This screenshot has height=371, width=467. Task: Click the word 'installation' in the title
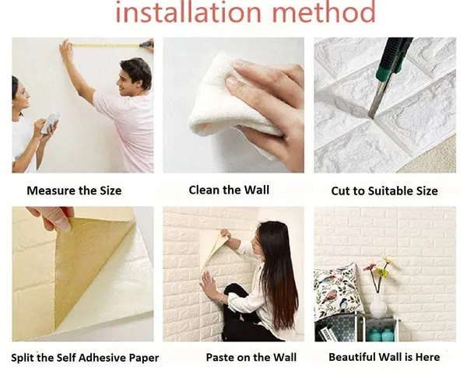pyautogui.click(x=188, y=12)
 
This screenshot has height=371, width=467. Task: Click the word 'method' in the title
pyautogui.click(x=324, y=12)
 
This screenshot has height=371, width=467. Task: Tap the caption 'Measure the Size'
pyautogui.click(x=74, y=191)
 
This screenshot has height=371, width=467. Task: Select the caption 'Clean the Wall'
pyautogui.click(x=229, y=190)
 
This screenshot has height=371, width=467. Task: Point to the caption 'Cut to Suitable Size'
pyautogui.click(x=384, y=191)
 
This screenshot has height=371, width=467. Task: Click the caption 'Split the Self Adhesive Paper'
pyautogui.click(x=85, y=358)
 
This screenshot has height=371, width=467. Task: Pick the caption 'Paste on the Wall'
pyautogui.click(x=251, y=357)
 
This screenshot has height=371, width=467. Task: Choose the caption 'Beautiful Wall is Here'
pyautogui.click(x=384, y=357)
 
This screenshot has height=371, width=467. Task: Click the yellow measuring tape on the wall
pyautogui.click(x=106, y=46)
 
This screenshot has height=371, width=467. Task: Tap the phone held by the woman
pyautogui.click(x=51, y=123)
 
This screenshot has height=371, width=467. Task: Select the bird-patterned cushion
pyautogui.click(x=335, y=292)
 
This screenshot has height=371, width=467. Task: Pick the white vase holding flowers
pyautogui.click(x=378, y=306)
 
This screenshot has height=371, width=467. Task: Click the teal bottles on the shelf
pyautogui.click(x=381, y=334)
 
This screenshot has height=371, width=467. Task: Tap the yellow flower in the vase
pyautogui.click(x=380, y=272)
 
